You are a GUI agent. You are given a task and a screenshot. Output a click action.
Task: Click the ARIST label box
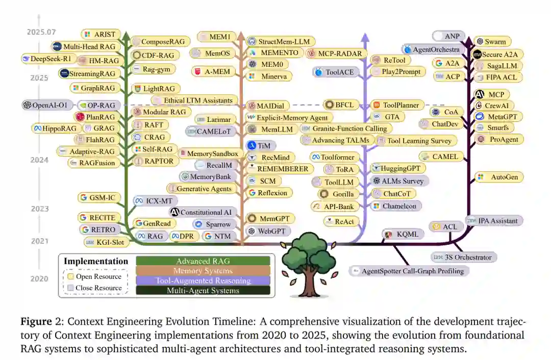click(x=102, y=35)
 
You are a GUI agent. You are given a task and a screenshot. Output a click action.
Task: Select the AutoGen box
click(x=498, y=177)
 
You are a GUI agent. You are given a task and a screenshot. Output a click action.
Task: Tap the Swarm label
click(x=492, y=42)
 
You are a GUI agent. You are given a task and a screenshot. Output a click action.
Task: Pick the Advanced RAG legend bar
click(x=203, y=261)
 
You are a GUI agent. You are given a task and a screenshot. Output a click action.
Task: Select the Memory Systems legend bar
click(x=203, y=271)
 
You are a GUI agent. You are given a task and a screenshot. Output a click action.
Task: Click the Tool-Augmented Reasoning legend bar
click(x=203, y=280)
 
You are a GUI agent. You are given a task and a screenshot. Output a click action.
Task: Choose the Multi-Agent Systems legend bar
click(x=203, y=290)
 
